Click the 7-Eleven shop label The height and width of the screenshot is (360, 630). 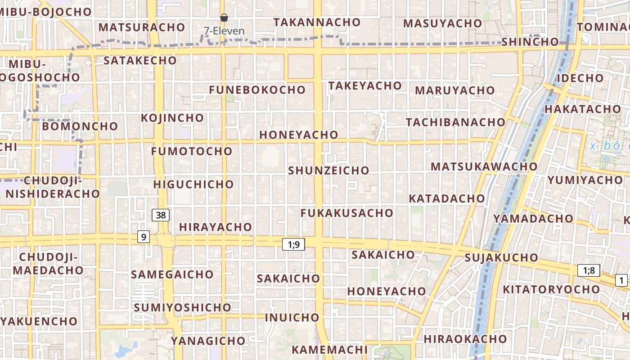pyautogui.click(x=224, y=31)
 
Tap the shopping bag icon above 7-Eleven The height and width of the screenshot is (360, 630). pyautogui.click(x=224, y=18)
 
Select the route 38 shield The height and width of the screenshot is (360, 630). pyautogui.click(x=161, y=215)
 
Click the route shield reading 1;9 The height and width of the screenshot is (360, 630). pyautogui.click(x=293, y=244)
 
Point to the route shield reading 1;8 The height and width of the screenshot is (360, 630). pyautogui.click(x=589, y=270)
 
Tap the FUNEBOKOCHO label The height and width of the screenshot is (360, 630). pyautogui.click(x=257, y=90)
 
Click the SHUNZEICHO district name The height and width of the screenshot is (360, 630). pyautogui.click(x=328, y=171)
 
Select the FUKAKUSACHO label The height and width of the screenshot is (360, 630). pyautogui.click(x=347, y=213)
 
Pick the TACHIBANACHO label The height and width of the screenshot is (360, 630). pyautogui.click(x=455, y=122)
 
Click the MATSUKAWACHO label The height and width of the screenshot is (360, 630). pyautogui.click(x=484, y=166)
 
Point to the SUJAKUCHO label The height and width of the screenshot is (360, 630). pyautogui.click(x=501, y=258)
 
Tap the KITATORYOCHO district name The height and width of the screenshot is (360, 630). pyautogui.click(x=551, y=289)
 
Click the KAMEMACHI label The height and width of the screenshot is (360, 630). pyautogui.click(x=329, y=350)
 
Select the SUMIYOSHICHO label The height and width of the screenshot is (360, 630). pyautogui.click(x=182, y=308)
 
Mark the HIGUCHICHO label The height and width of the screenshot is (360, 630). pyautogui.click(x=193, y=184)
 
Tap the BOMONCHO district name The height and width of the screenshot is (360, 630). pyautogui.click(x=80, y=126)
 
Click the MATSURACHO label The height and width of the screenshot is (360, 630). pyautogui.click(x=142, y=27)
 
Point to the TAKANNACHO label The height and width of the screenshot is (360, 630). pyautogui.click(x=317, y=22)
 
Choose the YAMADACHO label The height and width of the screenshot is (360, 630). pyautogui.click(x=533, y=219)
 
